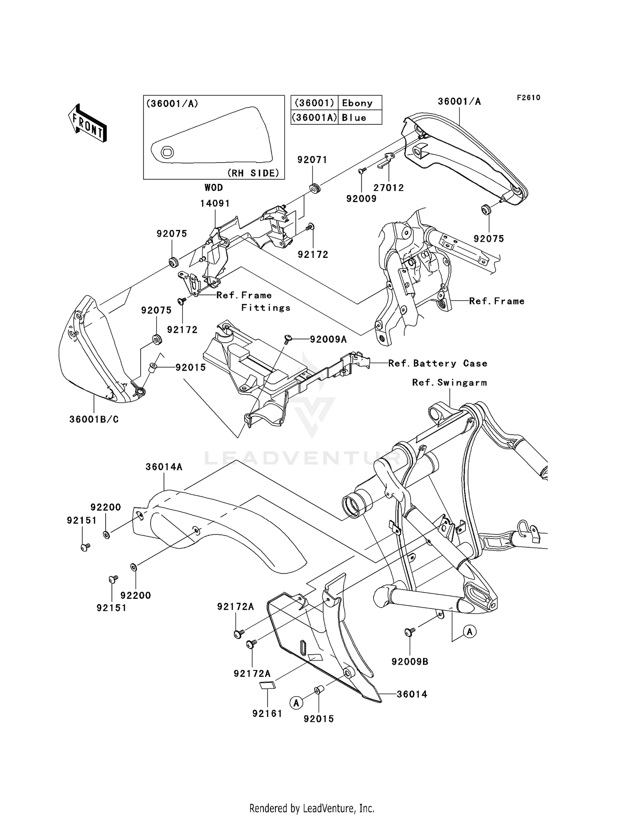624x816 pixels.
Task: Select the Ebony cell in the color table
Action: (x=357, y=103)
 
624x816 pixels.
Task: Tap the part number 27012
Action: (x=388, y=188)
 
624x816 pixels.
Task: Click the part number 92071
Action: (x=312, y=160)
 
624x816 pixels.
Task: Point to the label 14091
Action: (x=215, y=203)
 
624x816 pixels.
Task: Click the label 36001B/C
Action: (x=94, y=419)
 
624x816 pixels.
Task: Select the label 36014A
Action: (x=164, y=467)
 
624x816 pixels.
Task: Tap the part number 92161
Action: (x=267, y=714)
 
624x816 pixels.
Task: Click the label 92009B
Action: (x=410, y=661)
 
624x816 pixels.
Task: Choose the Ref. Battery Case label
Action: (x=438, y=363)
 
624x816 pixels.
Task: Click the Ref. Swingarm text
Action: (x=449, y=382)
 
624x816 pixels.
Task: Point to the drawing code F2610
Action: (x=528, y=97)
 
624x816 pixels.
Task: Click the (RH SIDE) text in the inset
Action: (x=253, y=173)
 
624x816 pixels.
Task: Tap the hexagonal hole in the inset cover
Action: (x=167, y=152)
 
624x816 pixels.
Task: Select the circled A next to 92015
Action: (x=296, y=703)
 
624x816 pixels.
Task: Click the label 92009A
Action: (x=328, y=339)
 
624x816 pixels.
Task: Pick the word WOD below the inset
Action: (x=213, y=188)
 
